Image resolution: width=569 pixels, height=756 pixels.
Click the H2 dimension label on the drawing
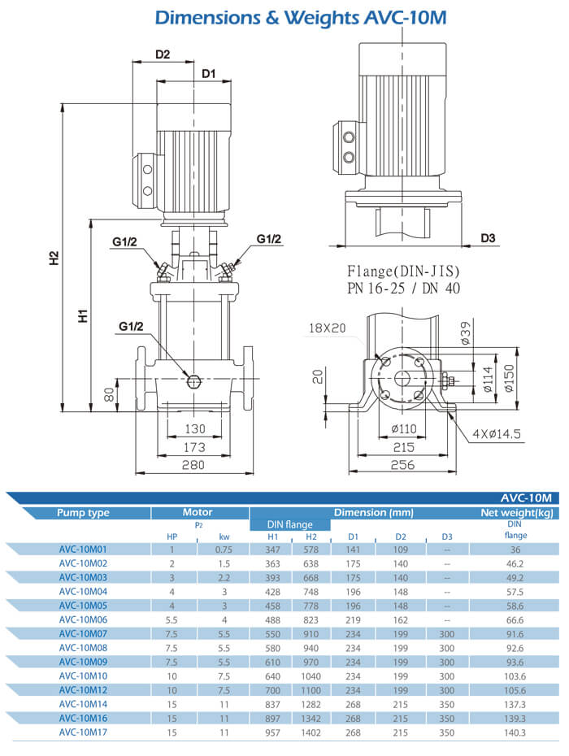(54, 258)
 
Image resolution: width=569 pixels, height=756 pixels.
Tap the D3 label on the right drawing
(488, 238)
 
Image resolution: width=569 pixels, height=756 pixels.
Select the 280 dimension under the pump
(193, 464)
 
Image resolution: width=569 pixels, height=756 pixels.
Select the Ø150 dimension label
(509, 378)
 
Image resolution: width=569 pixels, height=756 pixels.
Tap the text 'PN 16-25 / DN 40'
(403, 288)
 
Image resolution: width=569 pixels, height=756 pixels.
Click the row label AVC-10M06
(83, 619)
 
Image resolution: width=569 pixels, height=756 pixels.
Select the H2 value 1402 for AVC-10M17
(312, 732)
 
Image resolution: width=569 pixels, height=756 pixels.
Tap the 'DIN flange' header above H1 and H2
(289, 524)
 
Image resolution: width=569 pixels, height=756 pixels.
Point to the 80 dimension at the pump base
(108, 396)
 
